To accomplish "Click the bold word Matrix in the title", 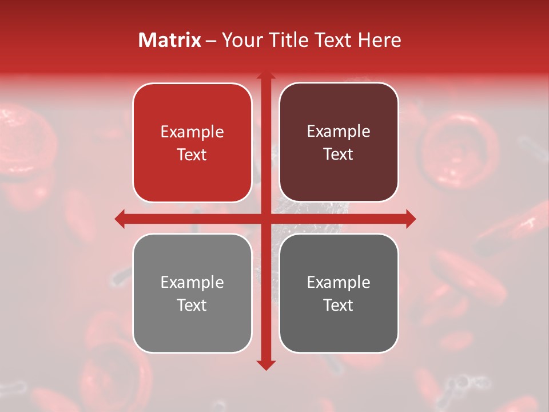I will pyautogui.click(x=170, y=40).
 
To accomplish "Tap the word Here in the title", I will pyautogui.click(x=380, y=40).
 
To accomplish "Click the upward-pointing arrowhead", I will pyautogui.click(x=265, y=76).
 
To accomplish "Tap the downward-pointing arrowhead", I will pyautogui.click(x=265, y=365).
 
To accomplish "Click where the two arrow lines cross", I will pyautogui.click(x=265, y=219).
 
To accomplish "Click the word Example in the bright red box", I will pyautogui.click(x=192, y=132).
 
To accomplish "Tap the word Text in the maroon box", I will pyautogui.click(x=339, y=154).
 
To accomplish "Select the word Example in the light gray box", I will pyautogui.click(x=192, y=283).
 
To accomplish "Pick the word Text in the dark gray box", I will pyautogui.click(x=339, y=306).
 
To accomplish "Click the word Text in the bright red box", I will pyautogui.click(x=192, y=155).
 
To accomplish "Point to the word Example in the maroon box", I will pyautogui.click(x=339, y=132).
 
